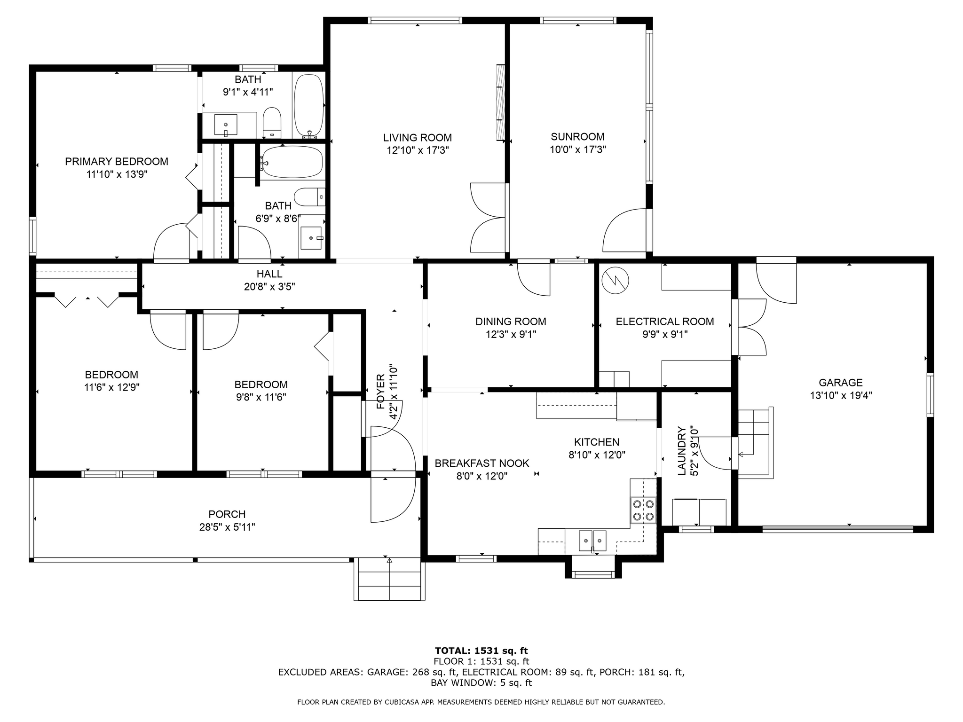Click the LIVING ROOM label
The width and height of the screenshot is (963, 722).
417,138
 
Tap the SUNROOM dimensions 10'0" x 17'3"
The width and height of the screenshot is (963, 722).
577,150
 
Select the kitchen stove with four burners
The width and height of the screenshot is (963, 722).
643,510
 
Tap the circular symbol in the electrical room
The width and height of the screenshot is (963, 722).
615,280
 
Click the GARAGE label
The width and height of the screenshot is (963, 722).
840,383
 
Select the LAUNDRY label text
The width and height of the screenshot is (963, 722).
681,451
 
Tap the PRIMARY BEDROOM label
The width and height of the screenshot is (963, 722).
117,162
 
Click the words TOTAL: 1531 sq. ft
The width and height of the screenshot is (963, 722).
481,651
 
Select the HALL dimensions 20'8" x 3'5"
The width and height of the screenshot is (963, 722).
269,287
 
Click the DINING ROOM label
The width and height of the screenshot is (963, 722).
511,322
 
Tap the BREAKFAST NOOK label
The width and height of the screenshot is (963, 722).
481,463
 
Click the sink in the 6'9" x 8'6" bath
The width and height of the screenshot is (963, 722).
311,237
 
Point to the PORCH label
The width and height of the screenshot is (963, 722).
227,514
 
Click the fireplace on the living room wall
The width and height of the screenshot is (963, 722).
500,102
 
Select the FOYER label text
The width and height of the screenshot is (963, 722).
380,391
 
